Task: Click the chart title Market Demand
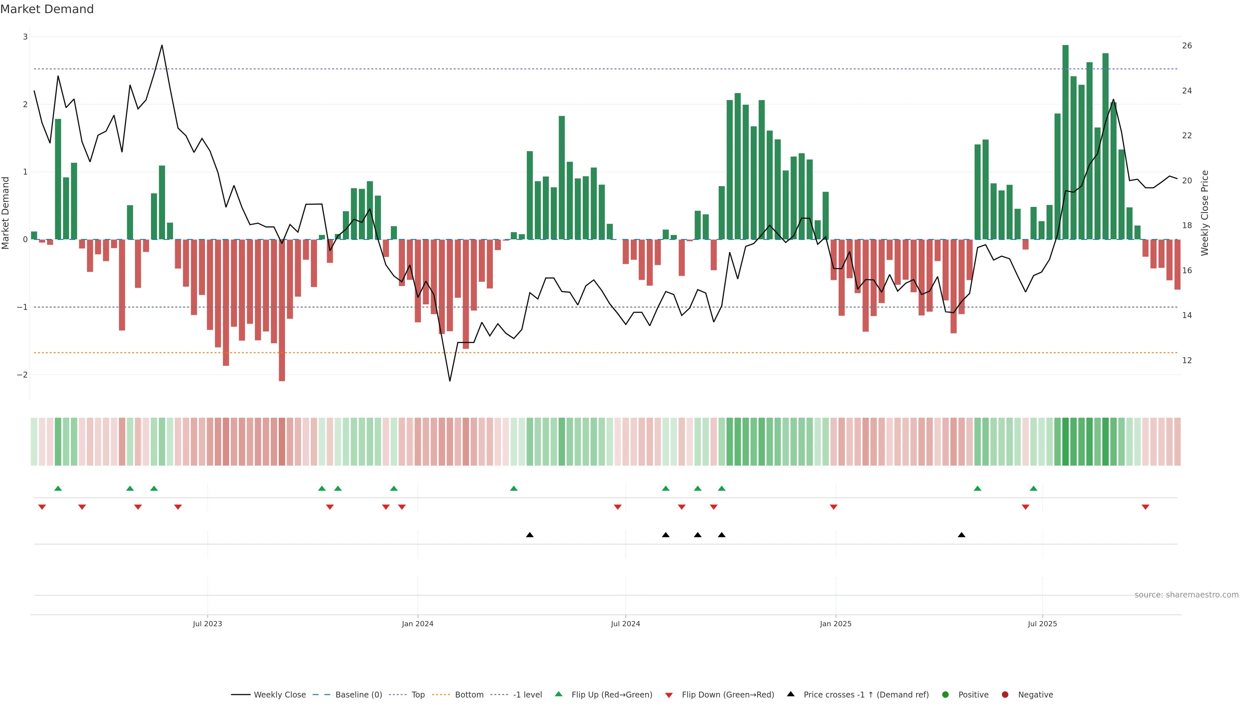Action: tap(47, 9)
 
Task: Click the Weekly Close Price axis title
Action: tap(1205, 213)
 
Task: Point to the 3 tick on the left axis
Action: tap(25, 37)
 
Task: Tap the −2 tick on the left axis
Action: tap(23, 375)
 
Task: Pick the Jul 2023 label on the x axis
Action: tap(207, 624)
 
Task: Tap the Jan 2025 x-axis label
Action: tap(836, 624)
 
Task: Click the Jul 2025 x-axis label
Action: tap(1042, 624)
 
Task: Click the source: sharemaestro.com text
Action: tap(1186, 595)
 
